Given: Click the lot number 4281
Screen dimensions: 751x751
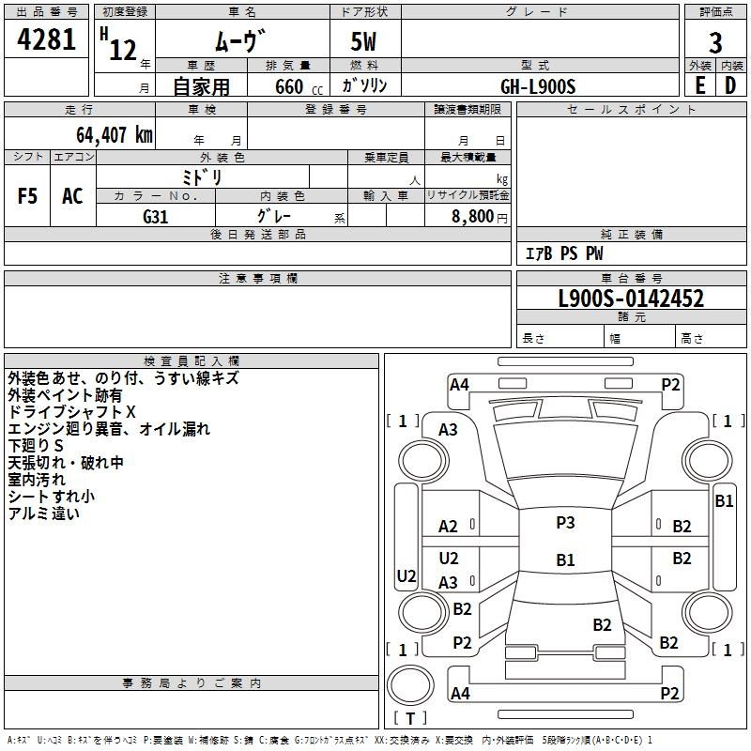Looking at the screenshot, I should click(x=47, y=40).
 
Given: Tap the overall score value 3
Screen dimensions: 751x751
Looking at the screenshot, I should click(x=715, y=43).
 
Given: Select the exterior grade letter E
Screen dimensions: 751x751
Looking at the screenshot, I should click(x=699, y=84).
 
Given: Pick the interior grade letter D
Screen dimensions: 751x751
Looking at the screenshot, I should click(x=730, y=84).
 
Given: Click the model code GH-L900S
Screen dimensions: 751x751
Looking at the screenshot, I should click(x=538, y=85).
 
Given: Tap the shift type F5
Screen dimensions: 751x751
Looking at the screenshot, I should click(x=28, y=196).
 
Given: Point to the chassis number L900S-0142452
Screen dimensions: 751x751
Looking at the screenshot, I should click(x=631, y=299).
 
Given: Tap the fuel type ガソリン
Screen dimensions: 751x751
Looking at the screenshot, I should click(x=364, y=85).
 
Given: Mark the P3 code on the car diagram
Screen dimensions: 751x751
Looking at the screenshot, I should click(x=565, y=523).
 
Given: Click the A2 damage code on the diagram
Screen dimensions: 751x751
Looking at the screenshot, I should click(x=448, y=527).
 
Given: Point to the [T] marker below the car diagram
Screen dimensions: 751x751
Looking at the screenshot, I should click(x=409, y=718).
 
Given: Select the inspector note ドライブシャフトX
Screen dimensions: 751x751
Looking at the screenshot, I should click(x=72, y=412).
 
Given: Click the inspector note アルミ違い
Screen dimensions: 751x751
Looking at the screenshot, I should click(x=44, y=513).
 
